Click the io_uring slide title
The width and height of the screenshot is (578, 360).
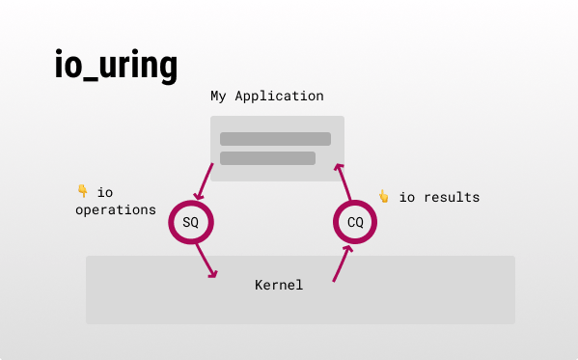116,66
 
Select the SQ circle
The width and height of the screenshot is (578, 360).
191,223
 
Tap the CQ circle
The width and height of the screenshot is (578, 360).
355,223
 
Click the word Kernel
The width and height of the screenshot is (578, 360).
279,285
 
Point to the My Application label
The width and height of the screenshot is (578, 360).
267,97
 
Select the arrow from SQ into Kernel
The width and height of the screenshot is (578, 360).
206,261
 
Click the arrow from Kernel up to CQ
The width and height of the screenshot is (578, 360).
342,263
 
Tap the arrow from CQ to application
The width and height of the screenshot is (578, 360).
342,181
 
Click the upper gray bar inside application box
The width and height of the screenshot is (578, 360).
275,139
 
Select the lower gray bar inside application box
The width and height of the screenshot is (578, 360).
267,158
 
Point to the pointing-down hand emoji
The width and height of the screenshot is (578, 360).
82,191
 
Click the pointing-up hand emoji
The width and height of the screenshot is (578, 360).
383,197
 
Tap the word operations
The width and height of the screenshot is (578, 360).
116,208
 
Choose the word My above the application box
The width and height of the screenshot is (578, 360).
219,97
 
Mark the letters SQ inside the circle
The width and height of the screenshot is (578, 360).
191,223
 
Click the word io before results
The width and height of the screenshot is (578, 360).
407,197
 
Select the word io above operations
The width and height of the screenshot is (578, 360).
105,191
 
